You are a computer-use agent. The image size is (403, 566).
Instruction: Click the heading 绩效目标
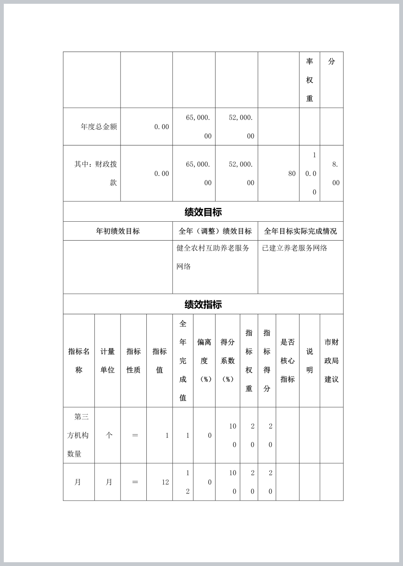pyautogui.click(x=203, y=212)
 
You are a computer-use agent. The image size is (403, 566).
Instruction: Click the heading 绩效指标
pyautogui.click(x=203, y=304)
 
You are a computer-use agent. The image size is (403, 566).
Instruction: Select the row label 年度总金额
pyautogui.click(x=98, y=127)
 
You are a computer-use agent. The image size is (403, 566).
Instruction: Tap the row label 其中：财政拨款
pyautogui.click(x=96, y=173)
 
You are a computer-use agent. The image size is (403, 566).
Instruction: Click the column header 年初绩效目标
pyautogui.click(x=118, y=231)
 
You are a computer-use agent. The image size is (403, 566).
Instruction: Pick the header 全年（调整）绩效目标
pyautogui.click(x=215, y=231)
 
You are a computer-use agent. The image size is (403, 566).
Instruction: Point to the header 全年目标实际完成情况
pyautogui.click(x=300, y=231)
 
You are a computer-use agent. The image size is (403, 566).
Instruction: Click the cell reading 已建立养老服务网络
pyautogui.click(x=295, y=248)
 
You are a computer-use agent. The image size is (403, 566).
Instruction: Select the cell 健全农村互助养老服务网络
pyautogui.click(x=213, y=257)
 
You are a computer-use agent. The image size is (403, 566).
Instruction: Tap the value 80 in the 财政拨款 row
pyautogui.click(x=292, y=173)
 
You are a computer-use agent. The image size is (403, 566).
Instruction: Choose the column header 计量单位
pyautogui.click(x=108, y=361)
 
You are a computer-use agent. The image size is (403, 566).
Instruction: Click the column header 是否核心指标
pyautogui.click(x=287, y=361)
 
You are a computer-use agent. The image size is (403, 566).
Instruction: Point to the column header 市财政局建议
pyautogui.click(x=332, y=361)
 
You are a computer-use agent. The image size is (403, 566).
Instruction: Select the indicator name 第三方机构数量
pyautogui.click(x=78, y=435)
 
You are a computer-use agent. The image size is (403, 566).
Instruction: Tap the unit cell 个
pyautogui.click(x=109, y=435)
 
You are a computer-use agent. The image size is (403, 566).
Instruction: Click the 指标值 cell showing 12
pyautogui.click(x=165, y=482)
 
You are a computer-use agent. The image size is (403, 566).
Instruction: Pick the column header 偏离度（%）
pyautogui.click(x=204, y=361)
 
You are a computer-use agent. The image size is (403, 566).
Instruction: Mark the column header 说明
pyautogui.click(x=309, y=361)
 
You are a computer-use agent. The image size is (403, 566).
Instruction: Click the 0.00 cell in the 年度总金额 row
pyautogui.click(x=162, y=127)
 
